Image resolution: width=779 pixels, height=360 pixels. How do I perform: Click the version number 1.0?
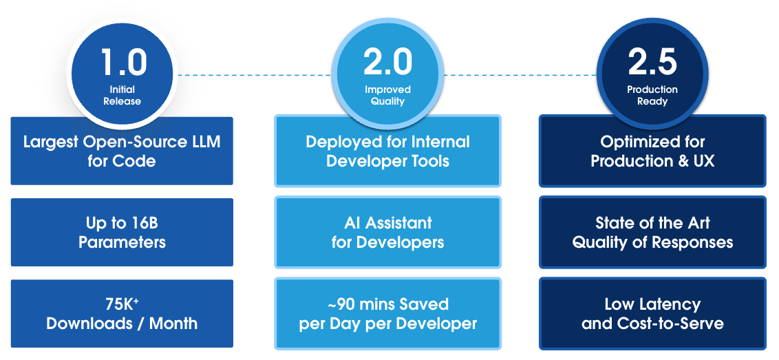[x=124, y=62]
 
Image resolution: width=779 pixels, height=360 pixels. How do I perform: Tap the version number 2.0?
[x=387, y=62]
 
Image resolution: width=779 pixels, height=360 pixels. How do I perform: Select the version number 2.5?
[x=652, y=62]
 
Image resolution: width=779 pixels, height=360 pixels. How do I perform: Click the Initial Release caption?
[x=122, y=95]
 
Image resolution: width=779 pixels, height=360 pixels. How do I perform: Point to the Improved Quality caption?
[x=387, y=95]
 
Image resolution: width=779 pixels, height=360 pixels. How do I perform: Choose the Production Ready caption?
[x=652, y=95]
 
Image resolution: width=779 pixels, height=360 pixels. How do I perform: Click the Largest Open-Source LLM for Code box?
[x=122, y=151]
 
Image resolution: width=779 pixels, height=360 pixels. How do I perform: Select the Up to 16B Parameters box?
[x=122, y=233]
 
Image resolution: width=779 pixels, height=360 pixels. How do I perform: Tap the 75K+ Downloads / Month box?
[x=122, y=313]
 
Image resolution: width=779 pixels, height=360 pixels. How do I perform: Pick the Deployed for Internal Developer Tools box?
[x=387, y=151]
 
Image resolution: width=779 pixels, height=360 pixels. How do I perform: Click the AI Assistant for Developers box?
[x=387, y=233]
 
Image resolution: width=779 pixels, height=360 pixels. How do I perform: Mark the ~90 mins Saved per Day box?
[x=387, y=313]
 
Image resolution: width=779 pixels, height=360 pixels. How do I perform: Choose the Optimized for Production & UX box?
[x=652, y=151]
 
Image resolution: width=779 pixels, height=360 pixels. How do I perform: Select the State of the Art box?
[x=652, y=233]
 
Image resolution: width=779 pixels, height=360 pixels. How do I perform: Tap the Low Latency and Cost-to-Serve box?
[x=652, y=313]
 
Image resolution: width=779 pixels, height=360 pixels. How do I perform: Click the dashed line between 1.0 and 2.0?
[x=255, y=74]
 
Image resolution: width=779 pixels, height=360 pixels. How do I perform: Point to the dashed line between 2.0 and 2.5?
[x=520, y=74]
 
